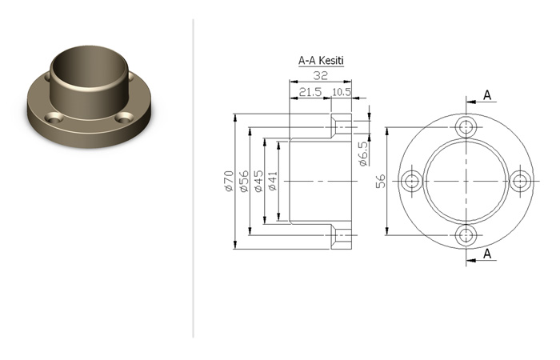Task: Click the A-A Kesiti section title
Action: [x=321, y=60]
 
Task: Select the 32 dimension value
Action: [x=320, y=76]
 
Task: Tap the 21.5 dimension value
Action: [x=310, y=92]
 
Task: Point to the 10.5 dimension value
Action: [x=342, y=92]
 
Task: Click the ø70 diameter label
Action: [x=229, y=181]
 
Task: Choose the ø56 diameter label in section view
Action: [x=244, y=181]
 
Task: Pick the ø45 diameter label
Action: [x=258, y=181]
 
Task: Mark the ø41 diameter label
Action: [x=273, y=181]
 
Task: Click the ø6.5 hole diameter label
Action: [x=362, y=154]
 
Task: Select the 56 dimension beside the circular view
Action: [x=381, y=181]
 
